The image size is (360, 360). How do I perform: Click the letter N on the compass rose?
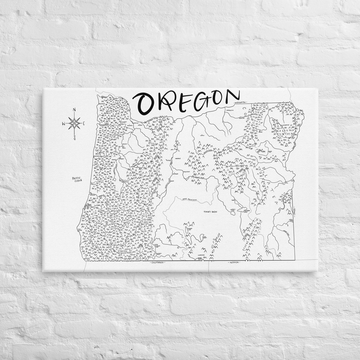74,110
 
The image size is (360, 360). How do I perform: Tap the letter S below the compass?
75,137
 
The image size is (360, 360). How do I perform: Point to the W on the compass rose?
63,124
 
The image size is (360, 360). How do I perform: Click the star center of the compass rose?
74,123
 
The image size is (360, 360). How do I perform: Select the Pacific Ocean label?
77,179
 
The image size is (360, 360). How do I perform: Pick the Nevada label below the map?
234,263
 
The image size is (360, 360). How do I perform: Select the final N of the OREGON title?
232,96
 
